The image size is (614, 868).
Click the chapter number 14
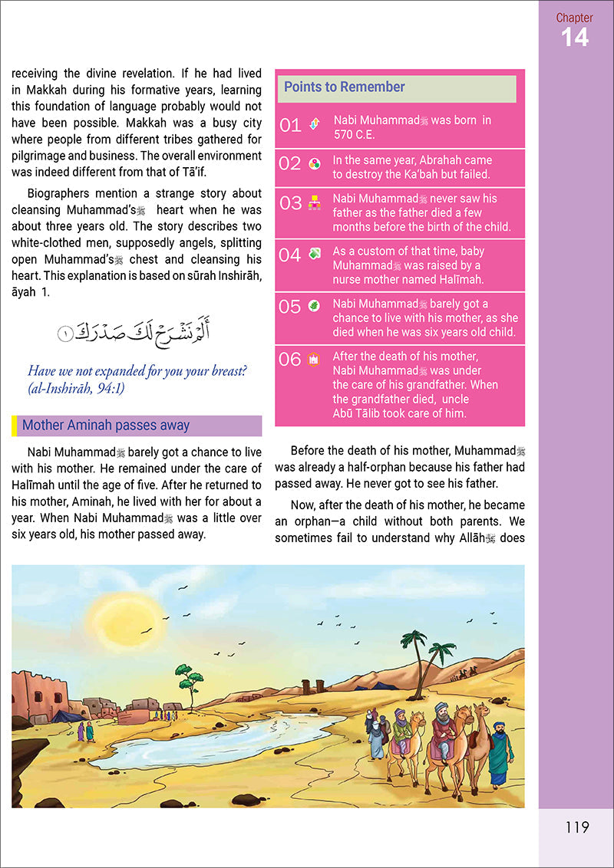(x=575, y=36)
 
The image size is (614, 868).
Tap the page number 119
(x=576, y=827)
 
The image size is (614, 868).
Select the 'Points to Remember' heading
(x=345, y=87)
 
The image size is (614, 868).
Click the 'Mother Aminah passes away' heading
(x=106, y=426)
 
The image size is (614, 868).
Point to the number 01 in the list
(x=290, y=126)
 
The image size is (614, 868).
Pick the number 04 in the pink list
(x=290, y=255)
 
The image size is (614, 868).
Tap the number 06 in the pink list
(x=290, y=359)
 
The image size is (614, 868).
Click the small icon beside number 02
(x=314, y=163)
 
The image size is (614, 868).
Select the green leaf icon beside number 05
(x=314, y=307)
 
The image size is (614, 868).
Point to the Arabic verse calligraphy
(x=134, y=332)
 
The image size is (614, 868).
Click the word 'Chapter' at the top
(x=575, y=17)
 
